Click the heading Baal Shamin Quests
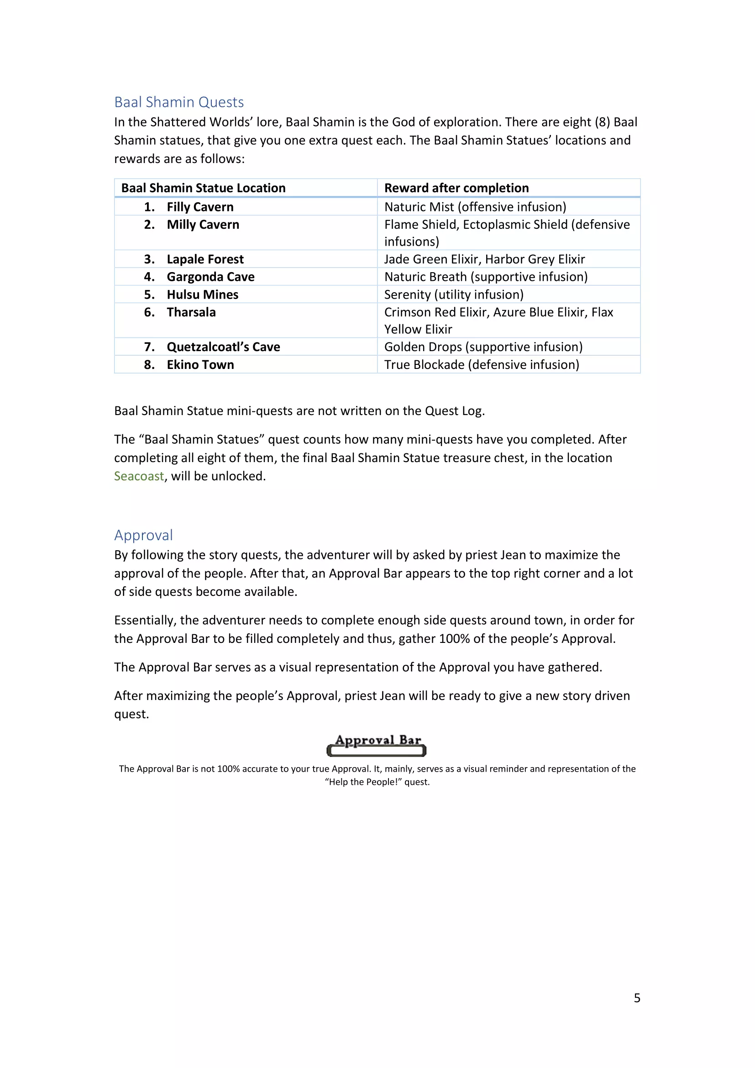[179, 102]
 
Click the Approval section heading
[143, 535]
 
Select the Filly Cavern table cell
[200, 207]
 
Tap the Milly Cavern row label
[203, 225]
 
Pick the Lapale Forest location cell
[205, 259]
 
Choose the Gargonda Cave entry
[210, 277]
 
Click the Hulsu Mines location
[202, 295]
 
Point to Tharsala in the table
[191, 312]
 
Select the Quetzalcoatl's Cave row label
[223, 347]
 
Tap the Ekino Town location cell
[200, 365]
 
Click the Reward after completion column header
[456, 188]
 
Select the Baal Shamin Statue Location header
[203, 188]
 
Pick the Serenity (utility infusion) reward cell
[454, 295]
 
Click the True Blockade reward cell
[482, 365]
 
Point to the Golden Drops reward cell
[483, 347]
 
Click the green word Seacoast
[139, 476]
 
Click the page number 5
[637, 998]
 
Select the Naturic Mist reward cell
[475, 207]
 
